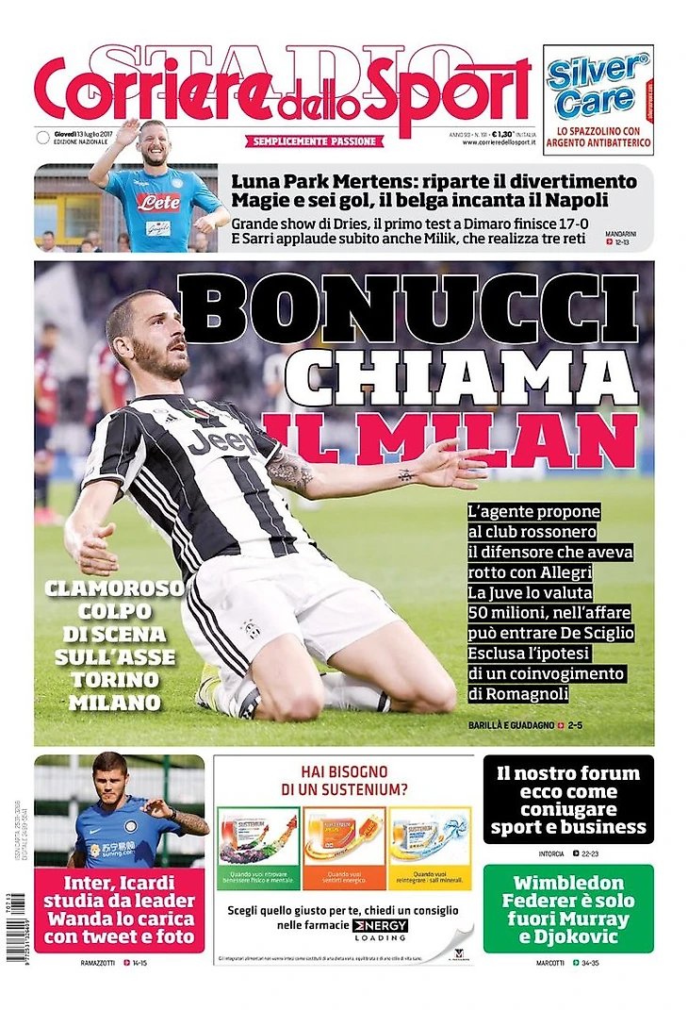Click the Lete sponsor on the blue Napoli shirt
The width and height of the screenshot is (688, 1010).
point(157,201)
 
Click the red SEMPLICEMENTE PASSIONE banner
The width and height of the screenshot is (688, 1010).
point(316,141)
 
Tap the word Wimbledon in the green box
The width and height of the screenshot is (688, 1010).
point(568,885)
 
